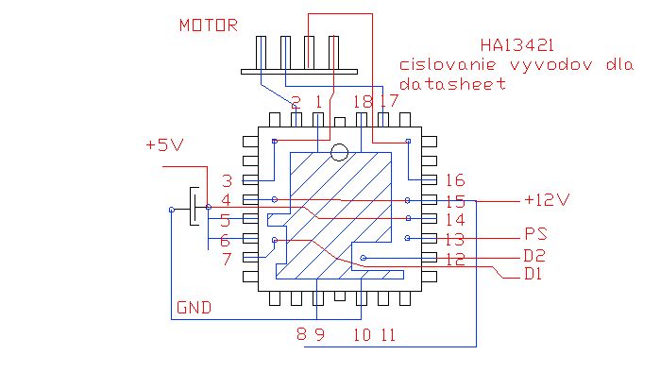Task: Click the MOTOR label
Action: coord(209,25)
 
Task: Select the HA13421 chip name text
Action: coord(517,45)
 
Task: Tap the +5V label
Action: coord(164,144)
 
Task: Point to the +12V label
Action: coord(548,200)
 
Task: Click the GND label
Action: coord(195,308)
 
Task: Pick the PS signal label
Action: coord(535,234)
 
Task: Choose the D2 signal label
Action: coord(534,256)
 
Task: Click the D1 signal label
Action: coord(533,274)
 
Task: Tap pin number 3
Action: coord(228,181)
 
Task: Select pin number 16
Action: coord(455,180)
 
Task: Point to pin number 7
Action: coord(228,259)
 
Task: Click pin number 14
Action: coord(455,220)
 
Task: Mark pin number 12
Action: coord(455,260)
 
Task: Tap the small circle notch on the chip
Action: coord(339,152)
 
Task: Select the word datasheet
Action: coord(452,84)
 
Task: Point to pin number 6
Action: coord(225,241)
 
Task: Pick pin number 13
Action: coord(455,240)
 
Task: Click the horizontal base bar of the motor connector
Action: coord(299,72)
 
